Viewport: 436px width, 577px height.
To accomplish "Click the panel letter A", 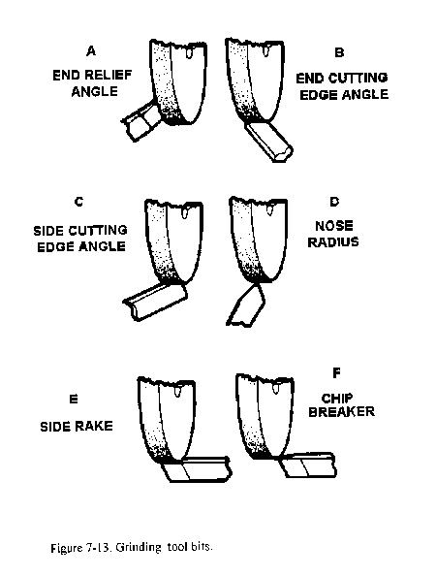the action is [x=91, y=50].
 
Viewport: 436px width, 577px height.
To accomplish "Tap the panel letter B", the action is [x=339, y=52].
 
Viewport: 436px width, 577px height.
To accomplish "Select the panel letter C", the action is [x=79, y=202].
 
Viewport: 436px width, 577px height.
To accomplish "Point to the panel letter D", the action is [x=334, y=202].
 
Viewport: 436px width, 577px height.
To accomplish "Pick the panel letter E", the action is [x=74, y=399].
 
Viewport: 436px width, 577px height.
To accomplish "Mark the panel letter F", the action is [x=336, y=373].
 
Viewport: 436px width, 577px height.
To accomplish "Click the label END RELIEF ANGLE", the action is [x=92, y=83].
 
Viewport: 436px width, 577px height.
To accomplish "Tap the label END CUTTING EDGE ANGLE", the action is [x=342, y=86].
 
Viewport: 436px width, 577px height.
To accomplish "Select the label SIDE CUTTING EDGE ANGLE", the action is [x=80, y=239].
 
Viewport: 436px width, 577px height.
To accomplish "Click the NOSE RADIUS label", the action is [x=333, y=234].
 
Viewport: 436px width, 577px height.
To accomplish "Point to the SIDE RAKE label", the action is [x=77, y=426].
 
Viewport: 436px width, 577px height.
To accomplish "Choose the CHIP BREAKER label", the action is [x=341, y=404].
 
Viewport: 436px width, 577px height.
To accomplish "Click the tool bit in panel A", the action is [x=141, y=120].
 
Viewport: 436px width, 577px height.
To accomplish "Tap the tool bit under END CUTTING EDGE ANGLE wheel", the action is [x=269, y=141].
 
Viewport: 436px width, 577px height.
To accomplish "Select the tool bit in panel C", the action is [x=155, y=302].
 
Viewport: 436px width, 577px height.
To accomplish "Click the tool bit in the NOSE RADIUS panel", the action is [x=246, y=305].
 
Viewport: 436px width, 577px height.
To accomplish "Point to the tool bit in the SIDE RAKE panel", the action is [x=197, y=468].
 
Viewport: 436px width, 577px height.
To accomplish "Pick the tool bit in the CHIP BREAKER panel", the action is [x=308, y=465].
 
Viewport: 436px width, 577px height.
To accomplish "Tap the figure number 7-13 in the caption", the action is [x=99, y=548].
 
